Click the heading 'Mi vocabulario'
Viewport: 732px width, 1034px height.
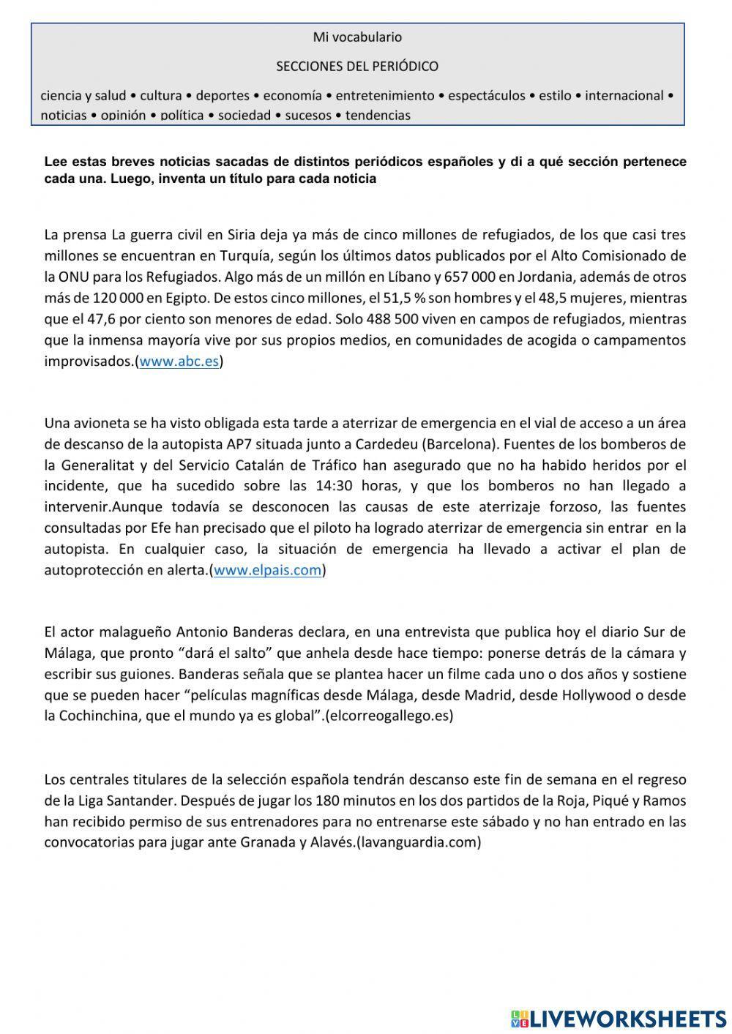click(357, 37)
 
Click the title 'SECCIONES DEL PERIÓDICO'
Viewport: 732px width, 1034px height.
click(357, 67)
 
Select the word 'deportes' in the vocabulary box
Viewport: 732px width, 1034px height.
click(223, 96)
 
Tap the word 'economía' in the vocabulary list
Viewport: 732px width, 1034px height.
click(292, 96)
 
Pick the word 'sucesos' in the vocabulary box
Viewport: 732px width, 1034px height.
click(308, 115)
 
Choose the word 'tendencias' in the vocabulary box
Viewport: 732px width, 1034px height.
click(378, 115)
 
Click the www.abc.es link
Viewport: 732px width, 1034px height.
click(179, 361)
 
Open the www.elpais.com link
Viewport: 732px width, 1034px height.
click(267, 570)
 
